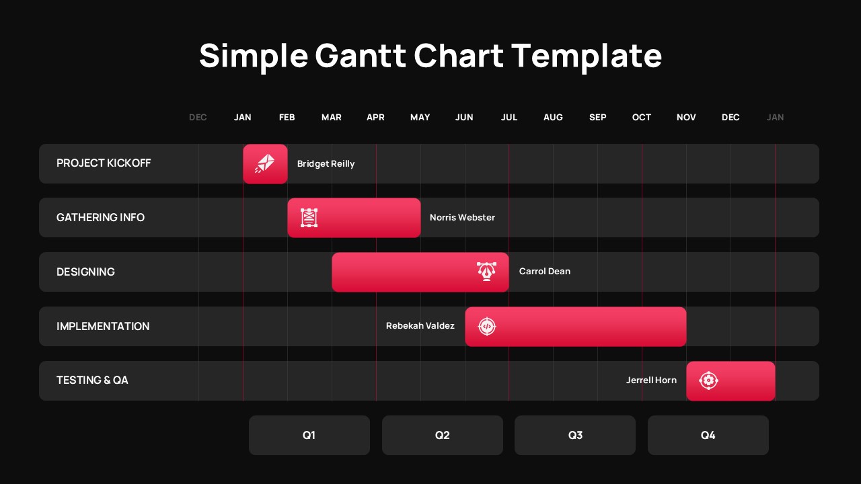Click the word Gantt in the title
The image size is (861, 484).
[x=360, y=56]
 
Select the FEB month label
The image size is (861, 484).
[x=287, y=118]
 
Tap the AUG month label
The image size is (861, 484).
[x=553, y=118]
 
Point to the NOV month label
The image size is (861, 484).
[x=686, y=118]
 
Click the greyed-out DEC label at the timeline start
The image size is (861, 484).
[x=198, y=118]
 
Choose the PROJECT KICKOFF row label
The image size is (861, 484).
[x=104, y=163]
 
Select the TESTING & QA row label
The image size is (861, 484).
[x=92, y=380]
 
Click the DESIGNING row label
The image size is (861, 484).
[x=85, y=272]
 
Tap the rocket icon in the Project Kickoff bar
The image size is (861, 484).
[x=265, y=163]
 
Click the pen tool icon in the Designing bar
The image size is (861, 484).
[x=486, y=272]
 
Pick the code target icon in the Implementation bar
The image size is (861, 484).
[x=486, y=327]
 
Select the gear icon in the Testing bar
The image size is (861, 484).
[x=708, y=380]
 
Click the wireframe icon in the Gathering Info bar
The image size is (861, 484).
[x=309, y=218]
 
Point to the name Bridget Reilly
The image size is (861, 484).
[x=326, y=164]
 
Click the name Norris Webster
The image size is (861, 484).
[x=462, y=218]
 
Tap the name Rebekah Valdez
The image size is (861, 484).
[x=420, y=326]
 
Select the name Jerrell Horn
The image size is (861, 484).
[x=651, y=380]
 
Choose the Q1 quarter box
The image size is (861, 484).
[x=309, y=435]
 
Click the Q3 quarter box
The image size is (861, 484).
[x=575, y=435]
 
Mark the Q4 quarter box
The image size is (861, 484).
[x=708, y=435]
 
